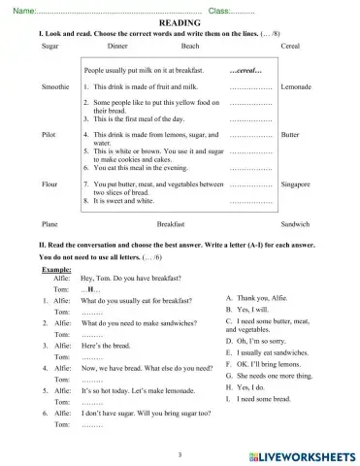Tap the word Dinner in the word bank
pos(117,46)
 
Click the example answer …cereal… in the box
pos(250,71)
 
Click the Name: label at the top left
pos(22,10)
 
